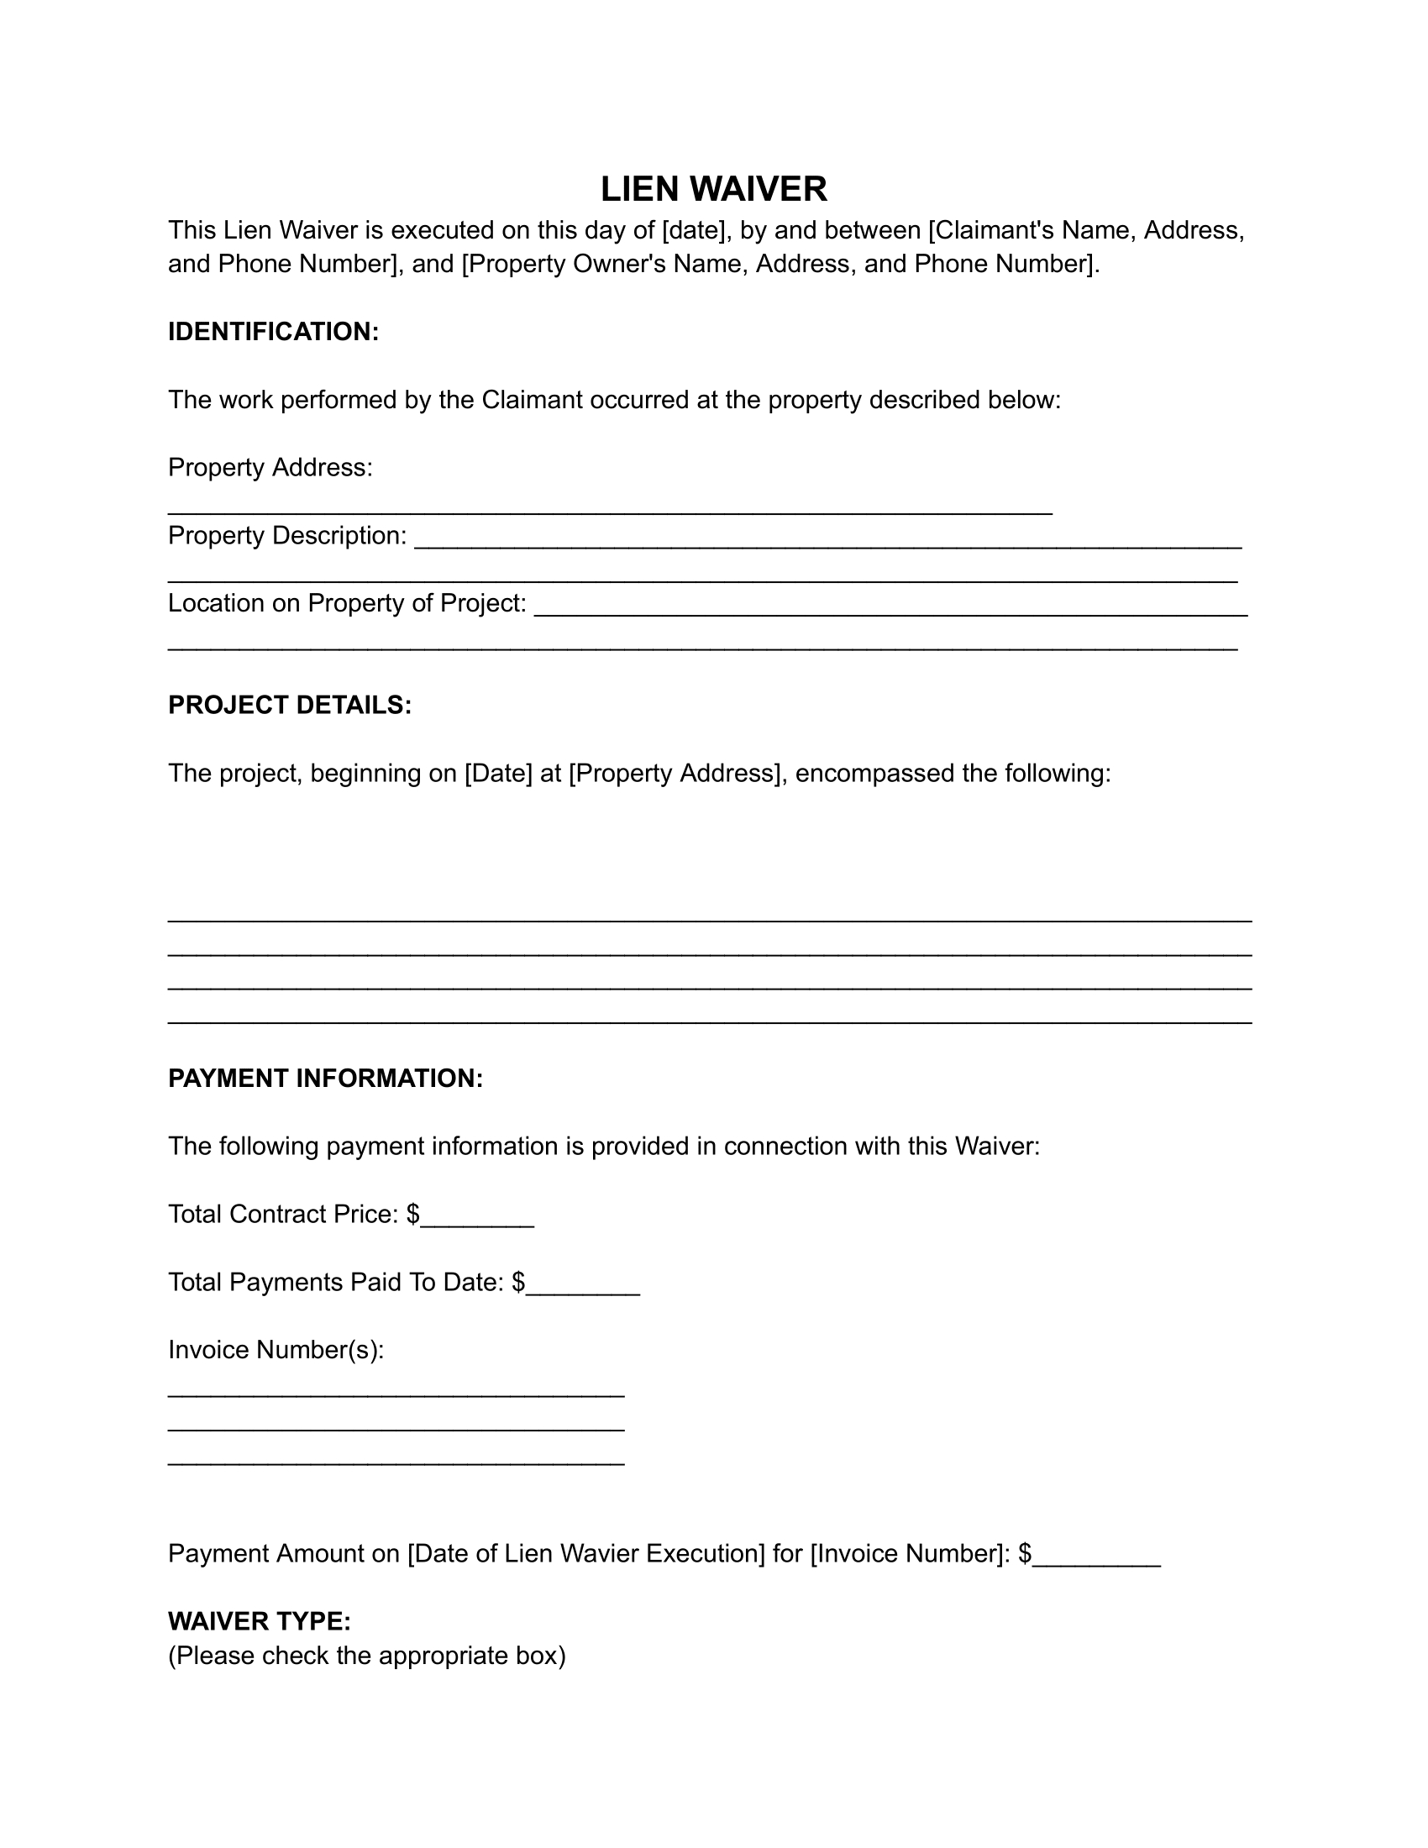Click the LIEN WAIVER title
713,189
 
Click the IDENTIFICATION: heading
273,332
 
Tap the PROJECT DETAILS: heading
289,705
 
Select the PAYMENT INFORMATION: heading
325,1078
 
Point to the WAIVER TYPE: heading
259,1621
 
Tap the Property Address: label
270,467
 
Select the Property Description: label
286,536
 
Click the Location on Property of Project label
347,603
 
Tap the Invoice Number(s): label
276,1350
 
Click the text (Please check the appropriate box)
366,1656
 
